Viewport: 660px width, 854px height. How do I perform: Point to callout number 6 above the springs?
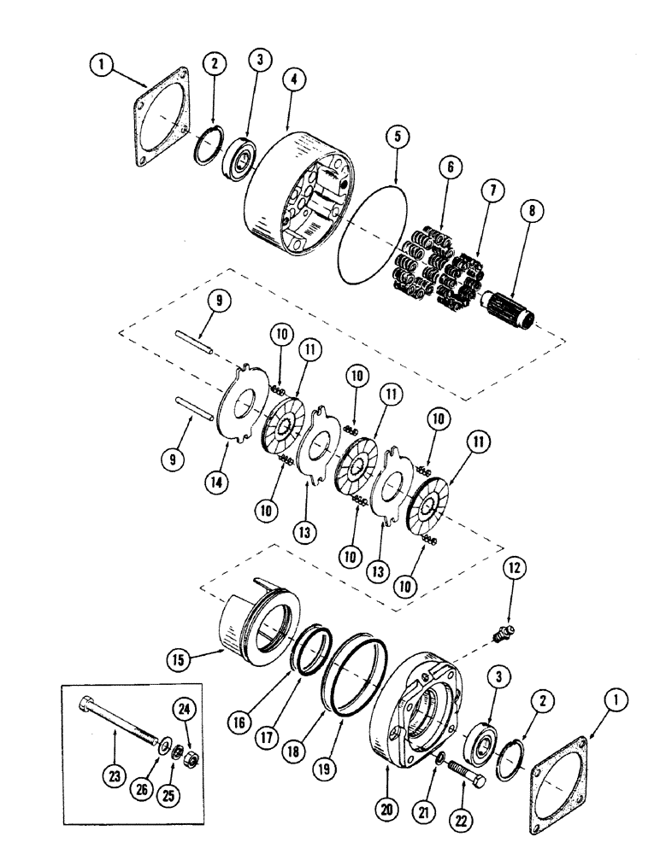pos(445,164)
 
